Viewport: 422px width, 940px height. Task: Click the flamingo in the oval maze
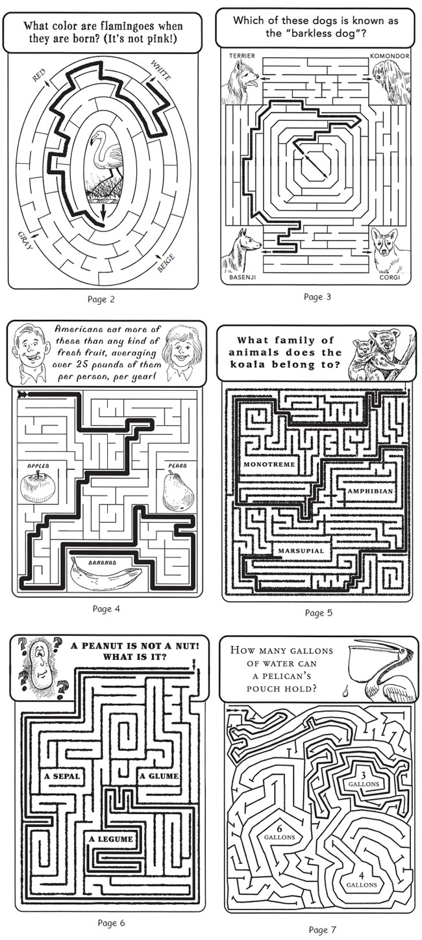pyautogui.click(x=104, y=157)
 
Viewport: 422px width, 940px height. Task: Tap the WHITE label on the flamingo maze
pyautogui.click(x=161, y=70)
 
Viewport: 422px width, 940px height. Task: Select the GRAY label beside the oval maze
pyautogui.click(x=25, y=241)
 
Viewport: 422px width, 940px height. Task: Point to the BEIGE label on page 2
pyautogui.click(x=166, y=263)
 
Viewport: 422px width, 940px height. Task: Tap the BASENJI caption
pyautogui.click(x=242, y=278)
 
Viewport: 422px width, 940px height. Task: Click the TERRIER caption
pyautogui.click(x=242, y=56)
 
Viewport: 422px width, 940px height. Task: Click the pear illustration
pyautogui.click(x=178, y=490)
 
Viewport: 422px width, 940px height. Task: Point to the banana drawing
pyautogui.click(x=105, y=575)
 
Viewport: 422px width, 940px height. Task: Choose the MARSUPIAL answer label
pyautogui.click(x=301, y=551)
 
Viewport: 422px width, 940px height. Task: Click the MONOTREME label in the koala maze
pyautogui.click(x=269, y=464)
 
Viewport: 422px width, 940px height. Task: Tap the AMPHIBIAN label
pyautogui.click(x=370, y=491)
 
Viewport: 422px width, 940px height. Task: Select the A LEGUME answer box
pyautogui.click(x=110, y=839)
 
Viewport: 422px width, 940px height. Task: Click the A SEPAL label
pyautogui.click(x=62, y=776)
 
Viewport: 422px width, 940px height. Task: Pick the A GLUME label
pyautogui.click(x=159, y=776)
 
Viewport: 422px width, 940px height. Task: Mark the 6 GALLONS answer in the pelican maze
pyautogui.click(x=280, y=833)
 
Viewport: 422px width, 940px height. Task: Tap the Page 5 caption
pyautogui.click(x=319, y=612)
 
